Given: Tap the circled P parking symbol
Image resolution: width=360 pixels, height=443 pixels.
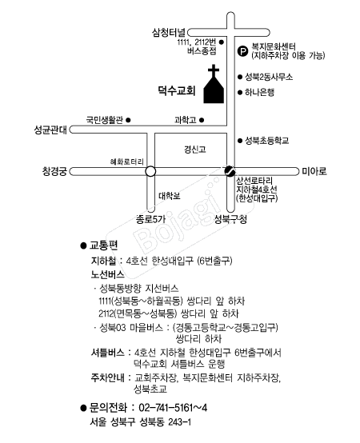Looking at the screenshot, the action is (242, 51).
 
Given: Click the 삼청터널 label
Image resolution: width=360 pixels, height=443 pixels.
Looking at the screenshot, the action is (169, 33).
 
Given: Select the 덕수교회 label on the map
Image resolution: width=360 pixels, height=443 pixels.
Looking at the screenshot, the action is (177, 90).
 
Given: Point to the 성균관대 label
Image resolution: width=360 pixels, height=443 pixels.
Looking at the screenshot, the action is (50, 130).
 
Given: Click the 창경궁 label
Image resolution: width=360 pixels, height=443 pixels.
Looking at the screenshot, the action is (54, 171).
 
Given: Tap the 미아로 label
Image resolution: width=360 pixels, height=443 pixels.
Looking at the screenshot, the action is (314, 171).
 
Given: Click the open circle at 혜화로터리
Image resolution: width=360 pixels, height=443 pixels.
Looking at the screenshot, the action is (150, 171).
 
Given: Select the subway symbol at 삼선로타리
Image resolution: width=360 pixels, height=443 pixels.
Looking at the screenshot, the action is (230, 171).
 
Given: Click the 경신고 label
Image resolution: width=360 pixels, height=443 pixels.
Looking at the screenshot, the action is (195, 150).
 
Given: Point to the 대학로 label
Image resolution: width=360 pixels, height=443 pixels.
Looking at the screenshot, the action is (170, 196).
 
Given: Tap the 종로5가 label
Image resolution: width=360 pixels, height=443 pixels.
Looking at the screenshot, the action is (151, 219).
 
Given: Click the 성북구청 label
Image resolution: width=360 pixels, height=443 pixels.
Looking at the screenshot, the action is (230, 219).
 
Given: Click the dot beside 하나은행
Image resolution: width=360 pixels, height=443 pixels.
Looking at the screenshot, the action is (240, 93).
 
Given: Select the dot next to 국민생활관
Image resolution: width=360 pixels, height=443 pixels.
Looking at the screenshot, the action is (128, 120).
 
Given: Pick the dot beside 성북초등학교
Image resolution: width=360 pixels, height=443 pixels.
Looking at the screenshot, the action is (240, 141).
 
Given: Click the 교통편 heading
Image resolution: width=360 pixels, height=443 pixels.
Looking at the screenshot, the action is (103, 245).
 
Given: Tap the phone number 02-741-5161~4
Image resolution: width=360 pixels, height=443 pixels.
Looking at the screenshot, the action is (173, 408).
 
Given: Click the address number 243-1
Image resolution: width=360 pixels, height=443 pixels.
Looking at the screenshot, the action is (180, 422).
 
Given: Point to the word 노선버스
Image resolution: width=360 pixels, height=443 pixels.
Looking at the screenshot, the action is (107, 274).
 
